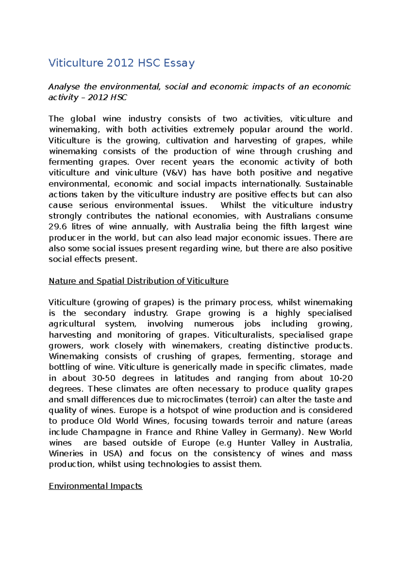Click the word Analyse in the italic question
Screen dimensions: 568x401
[64, 87]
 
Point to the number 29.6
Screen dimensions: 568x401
[57, 227]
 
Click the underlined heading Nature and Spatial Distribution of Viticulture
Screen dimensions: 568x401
[138, 281]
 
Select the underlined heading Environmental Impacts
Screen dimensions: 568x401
[96, 486]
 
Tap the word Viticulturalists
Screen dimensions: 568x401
[244, 335]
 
